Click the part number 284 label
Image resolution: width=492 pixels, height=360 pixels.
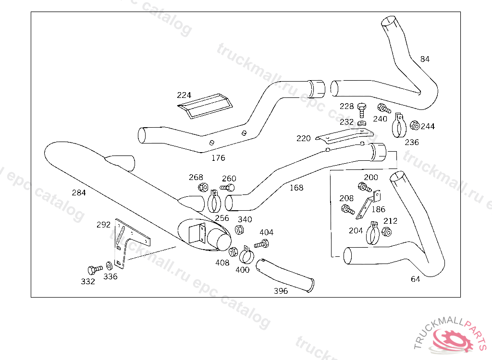[x=79, y=192]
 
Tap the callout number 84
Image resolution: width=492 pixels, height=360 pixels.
[x=425, y=59]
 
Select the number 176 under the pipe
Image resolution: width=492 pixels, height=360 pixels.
[x=218, y=158]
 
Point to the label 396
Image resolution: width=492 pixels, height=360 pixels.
[x=281, y=291]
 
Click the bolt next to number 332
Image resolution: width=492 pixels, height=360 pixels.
[x=95, y=269]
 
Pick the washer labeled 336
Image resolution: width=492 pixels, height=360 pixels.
[x=109, y=266]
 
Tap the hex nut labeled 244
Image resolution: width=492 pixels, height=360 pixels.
[x=415, y=125]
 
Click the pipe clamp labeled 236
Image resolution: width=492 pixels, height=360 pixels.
[x=399, y=126]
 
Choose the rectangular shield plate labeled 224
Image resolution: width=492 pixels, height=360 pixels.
[x=205, y=106]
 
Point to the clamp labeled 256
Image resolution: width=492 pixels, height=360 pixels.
[x=214, y=202]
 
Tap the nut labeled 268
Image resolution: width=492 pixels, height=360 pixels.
[x=203, y=187]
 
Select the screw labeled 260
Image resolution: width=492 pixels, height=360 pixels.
[x=227, y=188]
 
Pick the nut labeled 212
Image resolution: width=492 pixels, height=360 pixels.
[x=387, y=232]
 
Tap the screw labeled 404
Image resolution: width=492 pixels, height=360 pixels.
[x=261, y=243]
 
